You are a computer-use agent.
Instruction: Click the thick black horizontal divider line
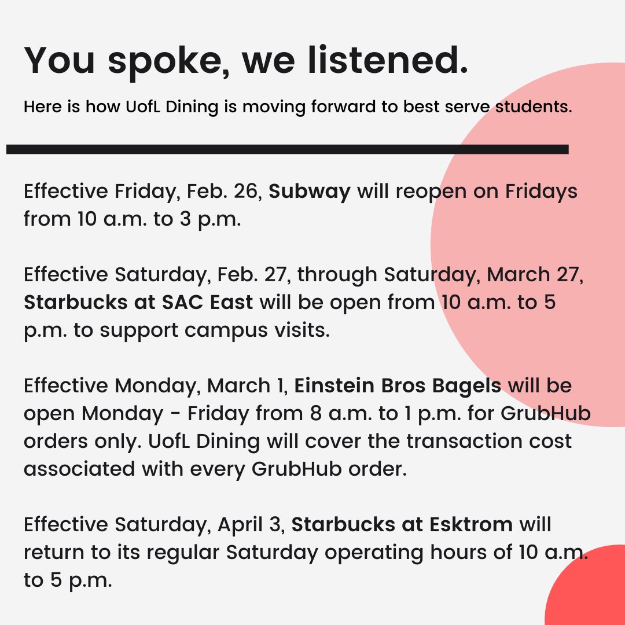[287, 149]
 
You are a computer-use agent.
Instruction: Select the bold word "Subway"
[310, 192]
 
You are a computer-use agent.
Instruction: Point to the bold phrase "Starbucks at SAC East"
[138, 303]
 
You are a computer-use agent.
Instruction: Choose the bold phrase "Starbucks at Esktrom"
[402, 525]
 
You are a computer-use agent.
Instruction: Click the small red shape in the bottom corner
[590, 590]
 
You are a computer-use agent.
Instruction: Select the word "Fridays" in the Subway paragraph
[542, 192]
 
